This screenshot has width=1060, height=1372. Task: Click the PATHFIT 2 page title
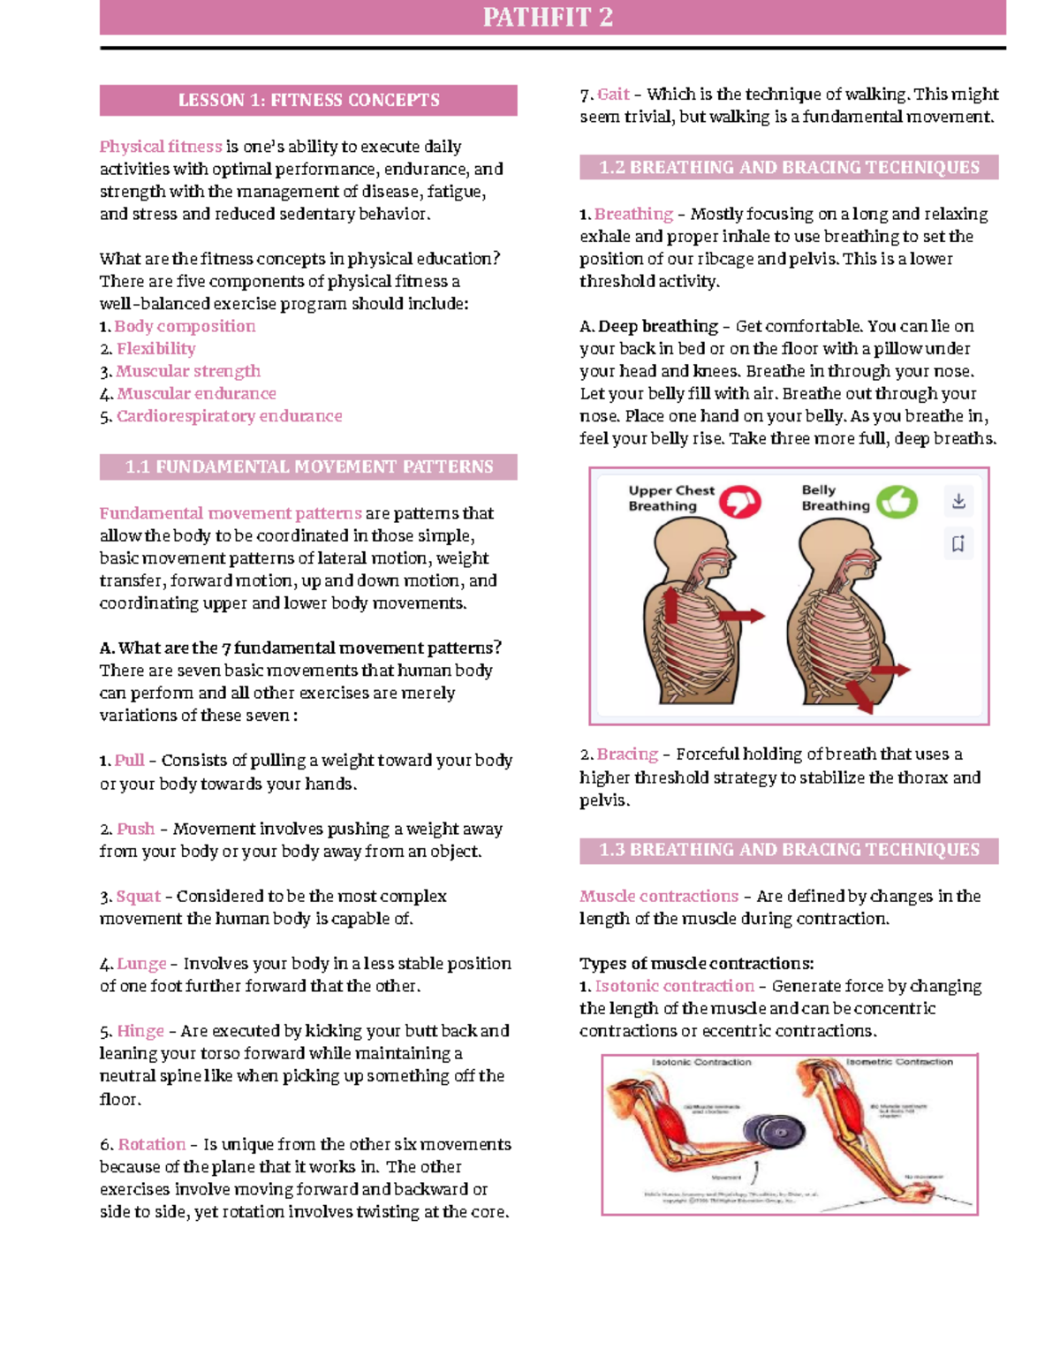click(x=548, y=17)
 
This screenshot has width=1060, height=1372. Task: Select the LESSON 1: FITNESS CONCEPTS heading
click(x=308, y=100)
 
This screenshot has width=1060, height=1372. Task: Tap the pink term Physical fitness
click(x=161, y=147)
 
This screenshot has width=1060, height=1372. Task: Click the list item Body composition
click(x=185, y=326)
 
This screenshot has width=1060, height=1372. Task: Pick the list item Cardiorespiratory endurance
click(x=229, y=416)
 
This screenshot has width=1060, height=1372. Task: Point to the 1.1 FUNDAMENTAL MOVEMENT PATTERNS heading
click(x=308, y=466)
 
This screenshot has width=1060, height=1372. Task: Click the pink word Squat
click(x=139, y=896)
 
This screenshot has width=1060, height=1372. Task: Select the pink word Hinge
click(x=140, y=1031)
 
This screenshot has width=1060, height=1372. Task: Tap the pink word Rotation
click(x=152, y=1144)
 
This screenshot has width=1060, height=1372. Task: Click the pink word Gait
click(x=613, y=95)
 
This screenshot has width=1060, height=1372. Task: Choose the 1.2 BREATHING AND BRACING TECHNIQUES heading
click(x=789, y=167)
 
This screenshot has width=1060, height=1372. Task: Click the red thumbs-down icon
click(x=738, y=502)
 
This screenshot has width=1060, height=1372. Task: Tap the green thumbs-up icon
click(x=897, y=502)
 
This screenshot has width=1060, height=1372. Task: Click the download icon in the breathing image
click(x=958, y=501)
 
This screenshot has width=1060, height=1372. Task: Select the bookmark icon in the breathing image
click(x=958, y=543)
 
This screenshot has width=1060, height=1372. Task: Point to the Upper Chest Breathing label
click(x=670, y=498)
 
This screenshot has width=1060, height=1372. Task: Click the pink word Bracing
click(x=627, y=754)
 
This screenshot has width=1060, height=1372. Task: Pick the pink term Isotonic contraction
click(x=674, y=986)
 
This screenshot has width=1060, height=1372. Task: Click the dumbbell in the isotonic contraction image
click(x=776, y=1133)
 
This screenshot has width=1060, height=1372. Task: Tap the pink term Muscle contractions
click(x=659, y=896)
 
